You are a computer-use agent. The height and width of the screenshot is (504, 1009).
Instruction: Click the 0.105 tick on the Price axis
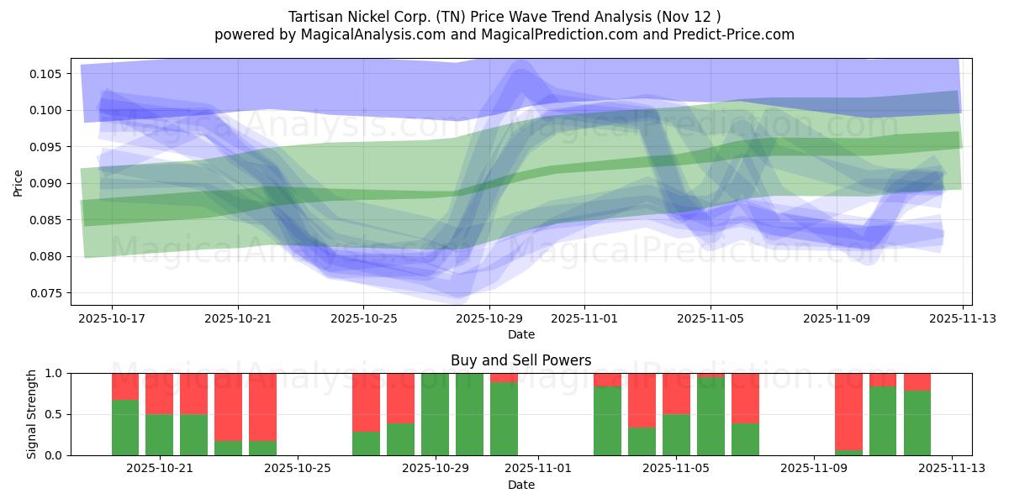[x=48, y=74]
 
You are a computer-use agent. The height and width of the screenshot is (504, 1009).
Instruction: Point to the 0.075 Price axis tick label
[x=48, y=293]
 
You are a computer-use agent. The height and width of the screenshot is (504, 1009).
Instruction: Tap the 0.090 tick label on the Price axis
[x=48, y=183]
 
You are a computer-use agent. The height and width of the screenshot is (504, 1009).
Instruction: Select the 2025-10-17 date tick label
[x=112, y=319]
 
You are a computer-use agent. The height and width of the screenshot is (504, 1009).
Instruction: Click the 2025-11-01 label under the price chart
[x=584, y=319]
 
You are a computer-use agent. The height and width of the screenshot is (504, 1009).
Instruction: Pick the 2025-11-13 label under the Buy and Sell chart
[x=952, y=469]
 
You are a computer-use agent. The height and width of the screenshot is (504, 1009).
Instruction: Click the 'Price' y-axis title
[x=18, y=181]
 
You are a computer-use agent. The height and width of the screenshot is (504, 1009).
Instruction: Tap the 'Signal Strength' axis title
[x=31, y=414]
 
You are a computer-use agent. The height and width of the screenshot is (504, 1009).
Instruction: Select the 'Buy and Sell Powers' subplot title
[x=520, y=360]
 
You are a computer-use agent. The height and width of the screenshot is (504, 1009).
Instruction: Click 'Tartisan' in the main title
[x=316, y=17]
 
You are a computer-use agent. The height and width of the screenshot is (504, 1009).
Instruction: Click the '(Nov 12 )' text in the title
[x=689, y=17]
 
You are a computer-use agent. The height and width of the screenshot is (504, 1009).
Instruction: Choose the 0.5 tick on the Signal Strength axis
[x=55, y=414]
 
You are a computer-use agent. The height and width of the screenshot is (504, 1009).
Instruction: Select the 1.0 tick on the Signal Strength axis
[x=55, y=373]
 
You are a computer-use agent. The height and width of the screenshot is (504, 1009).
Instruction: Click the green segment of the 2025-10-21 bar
[x=160, y=434]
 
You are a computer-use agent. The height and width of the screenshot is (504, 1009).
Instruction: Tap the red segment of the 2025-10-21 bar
[x=160, y=393]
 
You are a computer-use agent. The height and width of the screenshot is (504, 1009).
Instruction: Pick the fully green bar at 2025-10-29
[x=435, y=414]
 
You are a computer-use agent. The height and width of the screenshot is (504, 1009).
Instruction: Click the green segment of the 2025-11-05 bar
[x=676, y=434]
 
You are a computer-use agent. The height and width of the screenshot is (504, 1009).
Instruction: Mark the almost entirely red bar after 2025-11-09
[x=848, y=411]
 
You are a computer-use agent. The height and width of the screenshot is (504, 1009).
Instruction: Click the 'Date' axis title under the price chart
[x=520, y=334]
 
